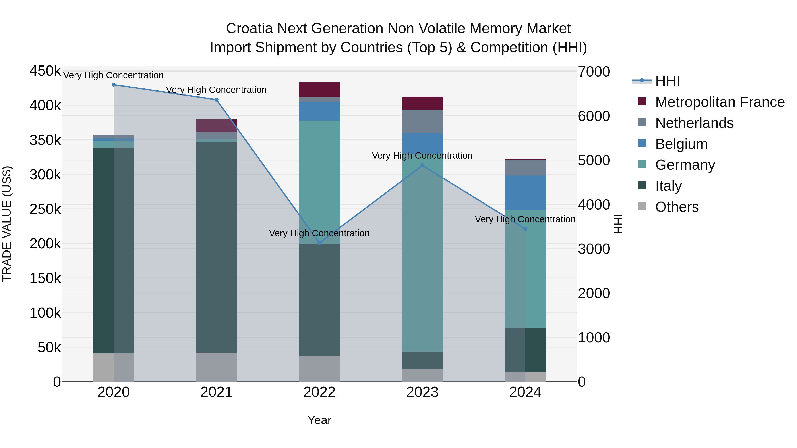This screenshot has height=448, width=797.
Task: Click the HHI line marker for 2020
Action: point(114,85)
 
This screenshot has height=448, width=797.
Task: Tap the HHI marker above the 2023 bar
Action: point(422,165)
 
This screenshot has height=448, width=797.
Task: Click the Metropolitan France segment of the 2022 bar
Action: point(319,90)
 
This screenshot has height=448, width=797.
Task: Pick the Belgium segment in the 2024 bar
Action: point(525,193)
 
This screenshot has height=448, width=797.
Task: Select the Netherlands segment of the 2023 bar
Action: point(422,121)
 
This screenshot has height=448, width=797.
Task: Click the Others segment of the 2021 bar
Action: point(216,367)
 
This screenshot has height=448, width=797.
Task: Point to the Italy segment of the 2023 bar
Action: point(422,360)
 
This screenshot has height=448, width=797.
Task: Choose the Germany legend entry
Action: point(685,165)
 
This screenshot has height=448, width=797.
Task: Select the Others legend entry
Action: point(676,207)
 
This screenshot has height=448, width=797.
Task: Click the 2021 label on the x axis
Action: point(216,392)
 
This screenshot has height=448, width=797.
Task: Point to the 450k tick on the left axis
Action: point(45,71)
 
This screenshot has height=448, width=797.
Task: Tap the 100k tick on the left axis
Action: point(45,313)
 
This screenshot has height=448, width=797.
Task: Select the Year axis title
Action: point(319,420)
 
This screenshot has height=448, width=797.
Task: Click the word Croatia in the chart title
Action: point(249,29)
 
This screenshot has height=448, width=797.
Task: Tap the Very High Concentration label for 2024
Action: point(525,219)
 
